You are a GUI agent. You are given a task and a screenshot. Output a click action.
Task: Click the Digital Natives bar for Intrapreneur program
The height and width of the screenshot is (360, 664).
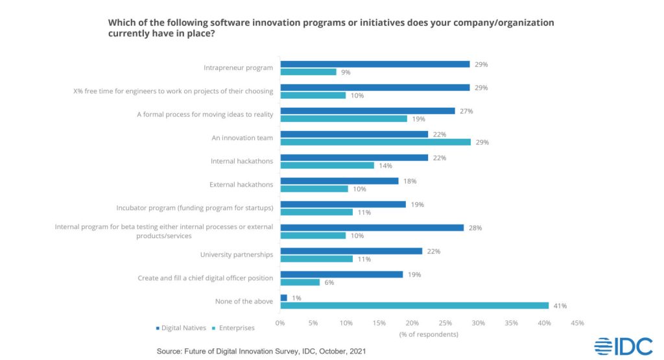coord(375,64)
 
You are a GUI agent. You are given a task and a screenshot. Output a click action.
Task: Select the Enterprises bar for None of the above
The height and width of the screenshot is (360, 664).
coord(414,306)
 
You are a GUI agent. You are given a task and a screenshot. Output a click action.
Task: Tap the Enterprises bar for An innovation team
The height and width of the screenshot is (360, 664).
coord(375,142)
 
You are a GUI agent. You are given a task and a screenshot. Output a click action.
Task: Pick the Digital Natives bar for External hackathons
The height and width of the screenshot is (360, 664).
coord(339,181)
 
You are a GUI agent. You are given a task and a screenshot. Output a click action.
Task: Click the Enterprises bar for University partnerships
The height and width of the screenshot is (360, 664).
coord(316,259)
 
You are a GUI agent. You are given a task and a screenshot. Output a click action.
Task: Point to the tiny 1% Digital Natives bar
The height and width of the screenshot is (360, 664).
coord(283,298)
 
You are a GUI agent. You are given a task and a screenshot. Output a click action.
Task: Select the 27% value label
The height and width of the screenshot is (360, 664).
coord(466,111)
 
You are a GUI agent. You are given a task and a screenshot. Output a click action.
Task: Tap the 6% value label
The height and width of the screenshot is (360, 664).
coord(330,282)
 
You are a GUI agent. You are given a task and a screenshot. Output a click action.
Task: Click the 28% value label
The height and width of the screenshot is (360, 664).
coord(475,228)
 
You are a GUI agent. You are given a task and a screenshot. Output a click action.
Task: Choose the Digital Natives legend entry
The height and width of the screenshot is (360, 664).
coord(181,328)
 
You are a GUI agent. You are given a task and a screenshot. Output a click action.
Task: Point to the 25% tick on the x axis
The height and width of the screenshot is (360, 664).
coord(445,322)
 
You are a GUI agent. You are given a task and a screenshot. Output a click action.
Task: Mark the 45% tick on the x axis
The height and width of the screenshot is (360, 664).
coord(577,322)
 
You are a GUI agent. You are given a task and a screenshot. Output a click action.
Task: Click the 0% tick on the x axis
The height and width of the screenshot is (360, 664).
coord(280,322)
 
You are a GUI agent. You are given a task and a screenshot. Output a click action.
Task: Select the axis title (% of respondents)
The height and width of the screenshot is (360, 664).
coord(429,334)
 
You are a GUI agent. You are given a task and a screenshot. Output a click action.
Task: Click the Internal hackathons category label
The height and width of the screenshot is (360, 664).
coord(242,162)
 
